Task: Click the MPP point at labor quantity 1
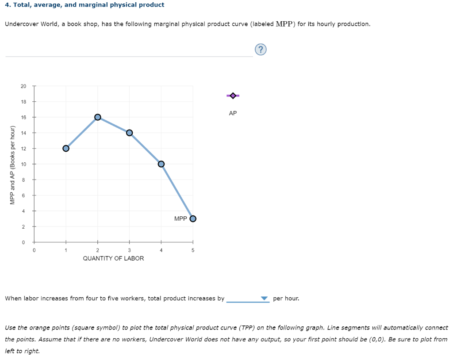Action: click(66, 148)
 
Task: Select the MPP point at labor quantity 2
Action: click(98, 117)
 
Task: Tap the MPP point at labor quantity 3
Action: click(129, 133)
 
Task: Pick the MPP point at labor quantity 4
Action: click(161, 164)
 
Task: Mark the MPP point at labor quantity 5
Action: click(192, 218)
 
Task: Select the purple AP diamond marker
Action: click(233, 96)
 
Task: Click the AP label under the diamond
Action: click(233, 113)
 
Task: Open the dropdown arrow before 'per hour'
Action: click(265, 299)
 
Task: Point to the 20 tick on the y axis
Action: click(23, 86)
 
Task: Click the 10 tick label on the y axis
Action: click(23, 164)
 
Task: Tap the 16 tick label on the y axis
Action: click(23, 117)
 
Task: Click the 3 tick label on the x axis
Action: click(129, 250)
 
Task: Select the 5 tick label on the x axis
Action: click(192, 250)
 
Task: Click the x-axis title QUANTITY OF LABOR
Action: click(113, 258)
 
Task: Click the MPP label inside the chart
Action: click(180, 218)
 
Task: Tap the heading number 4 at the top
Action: click(7, 5)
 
